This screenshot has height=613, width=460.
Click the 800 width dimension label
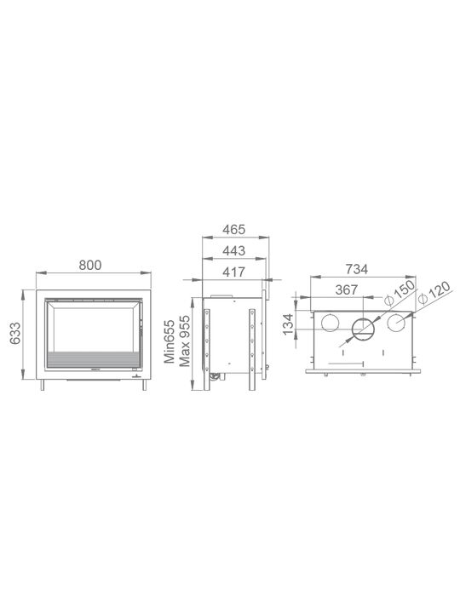tap(90, 265)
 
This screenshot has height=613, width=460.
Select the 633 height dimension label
tap(15, 333)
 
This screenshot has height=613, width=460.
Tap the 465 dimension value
tap(234, 230)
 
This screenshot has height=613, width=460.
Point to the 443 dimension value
tap(234, 250)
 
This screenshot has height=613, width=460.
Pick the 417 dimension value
tap(234, 272)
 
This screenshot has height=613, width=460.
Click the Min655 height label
tap(170, 341)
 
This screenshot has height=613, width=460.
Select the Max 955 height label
tap(185, 341)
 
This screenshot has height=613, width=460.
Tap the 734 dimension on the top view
tap(357, 269)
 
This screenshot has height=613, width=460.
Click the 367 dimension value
tap(347, 289)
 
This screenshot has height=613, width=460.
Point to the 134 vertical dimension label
tap(288, 324)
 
